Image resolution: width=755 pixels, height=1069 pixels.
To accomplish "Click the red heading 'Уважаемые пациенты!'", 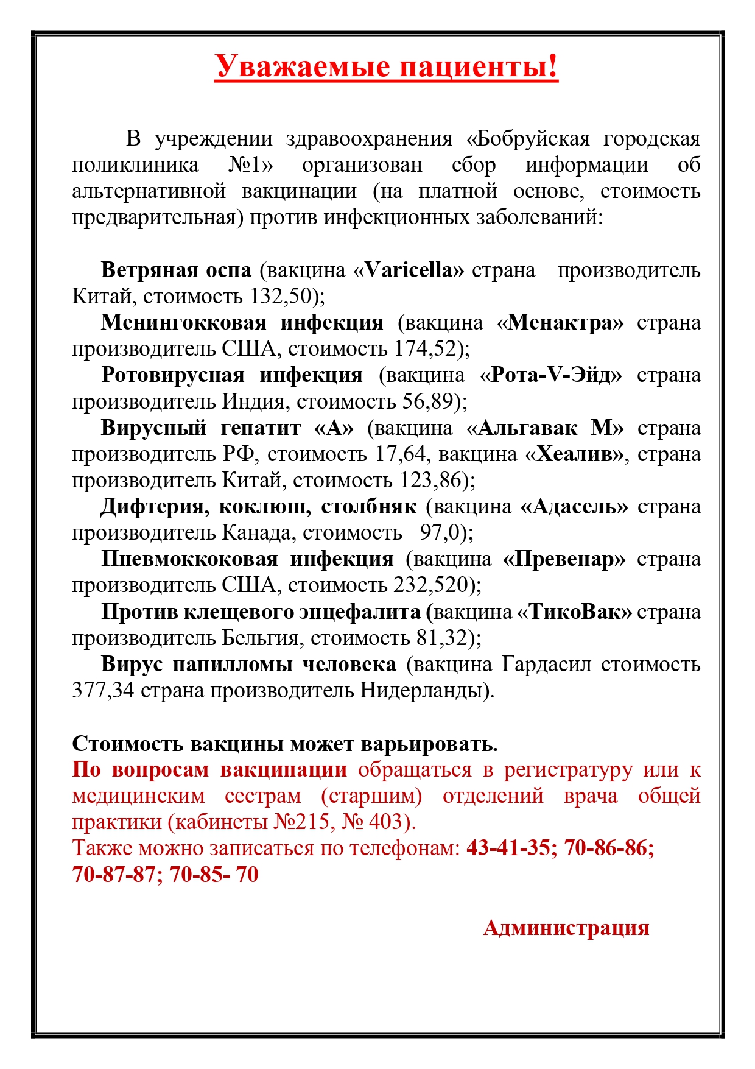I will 386,66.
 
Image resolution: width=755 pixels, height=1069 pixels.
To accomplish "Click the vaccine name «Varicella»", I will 414,270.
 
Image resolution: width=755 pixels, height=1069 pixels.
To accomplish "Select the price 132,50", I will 281,297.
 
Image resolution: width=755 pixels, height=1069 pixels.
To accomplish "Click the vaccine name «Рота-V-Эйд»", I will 551,375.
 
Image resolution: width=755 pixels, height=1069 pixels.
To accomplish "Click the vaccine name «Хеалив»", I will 574,454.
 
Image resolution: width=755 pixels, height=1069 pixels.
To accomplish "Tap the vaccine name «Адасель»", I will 574,507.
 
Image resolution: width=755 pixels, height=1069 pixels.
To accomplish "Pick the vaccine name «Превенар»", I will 564,559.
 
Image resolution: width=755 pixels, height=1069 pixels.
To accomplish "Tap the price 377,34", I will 103,691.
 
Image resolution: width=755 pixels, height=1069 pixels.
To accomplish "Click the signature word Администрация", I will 566,928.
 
